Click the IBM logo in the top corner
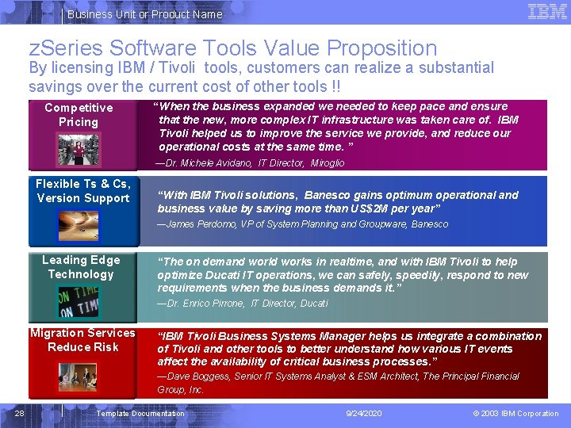(547, 12)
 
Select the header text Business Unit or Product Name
(144, 14)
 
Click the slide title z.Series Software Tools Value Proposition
(233, 49)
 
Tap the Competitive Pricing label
(79, 115)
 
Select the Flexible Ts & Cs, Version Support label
(83, 191)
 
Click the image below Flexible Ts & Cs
(79, 226)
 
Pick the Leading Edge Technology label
(81, 267)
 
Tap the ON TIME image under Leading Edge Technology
(79, 302)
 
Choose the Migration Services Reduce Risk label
(82, 340)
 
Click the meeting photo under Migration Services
(79, 376)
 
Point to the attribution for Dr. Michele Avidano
(251, 163)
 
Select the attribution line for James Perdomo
(302, 224)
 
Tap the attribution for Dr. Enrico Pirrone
(242, 304)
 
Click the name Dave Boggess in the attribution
(198, 376)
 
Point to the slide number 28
(20, 413)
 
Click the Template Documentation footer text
(140, 414)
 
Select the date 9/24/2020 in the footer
(364, 414)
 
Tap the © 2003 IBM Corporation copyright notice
(515, 414)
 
